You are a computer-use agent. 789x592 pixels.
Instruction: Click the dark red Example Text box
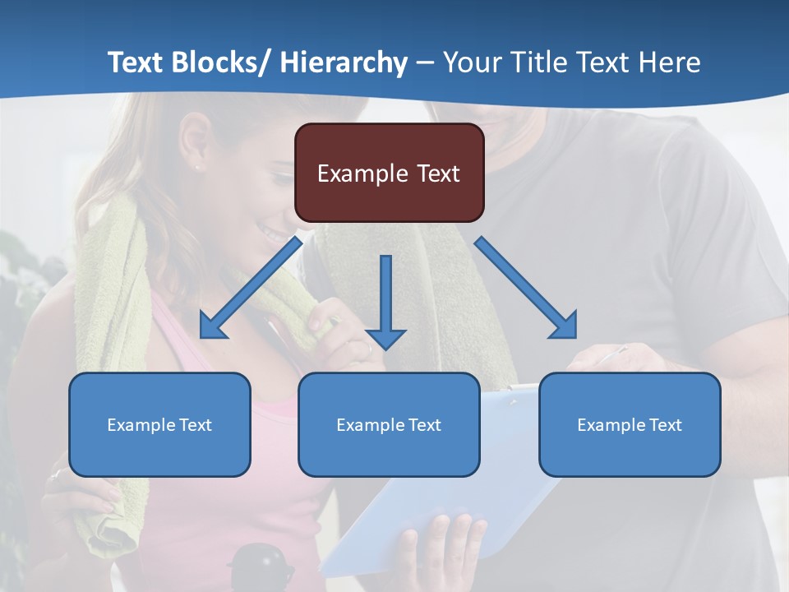(x=389, y=173)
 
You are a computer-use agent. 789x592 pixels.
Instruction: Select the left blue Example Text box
(x=159, y=424)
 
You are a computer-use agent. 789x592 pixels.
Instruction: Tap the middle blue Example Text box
(x=389, y=424)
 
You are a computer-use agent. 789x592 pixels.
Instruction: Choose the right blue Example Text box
(x=630, y=424)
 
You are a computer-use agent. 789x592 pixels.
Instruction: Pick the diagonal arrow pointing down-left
(x=251, y=288)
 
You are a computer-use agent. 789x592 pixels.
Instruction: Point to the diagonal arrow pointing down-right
(x=526, y=288)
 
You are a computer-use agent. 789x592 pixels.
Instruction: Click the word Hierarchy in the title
(x=344, y=62)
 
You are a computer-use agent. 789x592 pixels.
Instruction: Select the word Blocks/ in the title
(x=220, y=62)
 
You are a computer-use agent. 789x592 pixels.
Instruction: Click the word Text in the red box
(x=436, y=173)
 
